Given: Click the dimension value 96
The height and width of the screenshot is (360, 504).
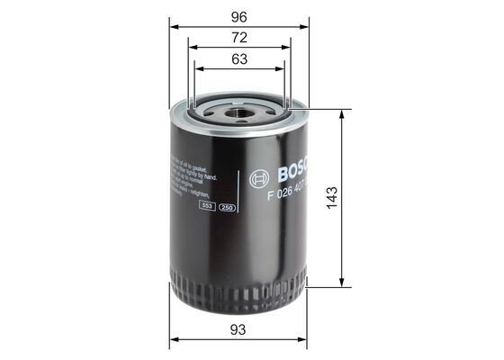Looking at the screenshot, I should [x=238, y=15].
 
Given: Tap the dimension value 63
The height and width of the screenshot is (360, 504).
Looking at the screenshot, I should [x=238, y=59].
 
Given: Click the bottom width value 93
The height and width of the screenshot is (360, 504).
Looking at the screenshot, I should [x=238, y=329].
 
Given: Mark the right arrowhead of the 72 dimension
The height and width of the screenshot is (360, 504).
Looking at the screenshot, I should [x=287, y=47].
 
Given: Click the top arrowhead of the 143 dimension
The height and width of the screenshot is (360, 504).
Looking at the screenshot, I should [x=341, y=114].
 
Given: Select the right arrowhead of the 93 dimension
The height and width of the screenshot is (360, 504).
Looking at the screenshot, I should [x=303, y=340].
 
